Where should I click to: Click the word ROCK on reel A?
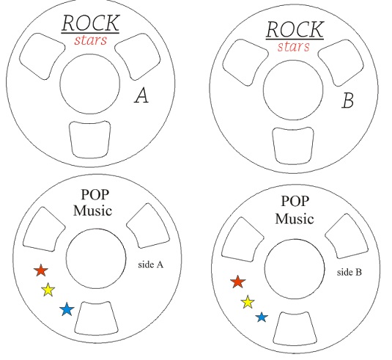tap(91, 23)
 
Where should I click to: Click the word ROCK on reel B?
tap(295, 29)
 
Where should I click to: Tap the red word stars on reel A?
tap(91, 40)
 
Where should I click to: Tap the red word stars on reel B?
tap(294, 46)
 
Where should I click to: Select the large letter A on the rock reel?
tap(141, 95)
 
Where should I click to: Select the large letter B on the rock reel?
tap(348, 100)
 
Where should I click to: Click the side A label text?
tap(151, 265)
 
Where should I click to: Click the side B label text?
tap(350, 272)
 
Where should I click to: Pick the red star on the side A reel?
tap(41, 271)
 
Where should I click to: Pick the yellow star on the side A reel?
tap(48, 290)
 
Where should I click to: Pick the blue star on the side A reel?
tap(67, 309)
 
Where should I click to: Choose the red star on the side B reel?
tap(238, 282)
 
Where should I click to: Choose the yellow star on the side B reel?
tap(248, 302)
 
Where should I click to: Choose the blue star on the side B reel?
tap(262, 317)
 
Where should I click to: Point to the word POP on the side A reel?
tap(95, 194)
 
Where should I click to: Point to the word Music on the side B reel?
tap(295, 218)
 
